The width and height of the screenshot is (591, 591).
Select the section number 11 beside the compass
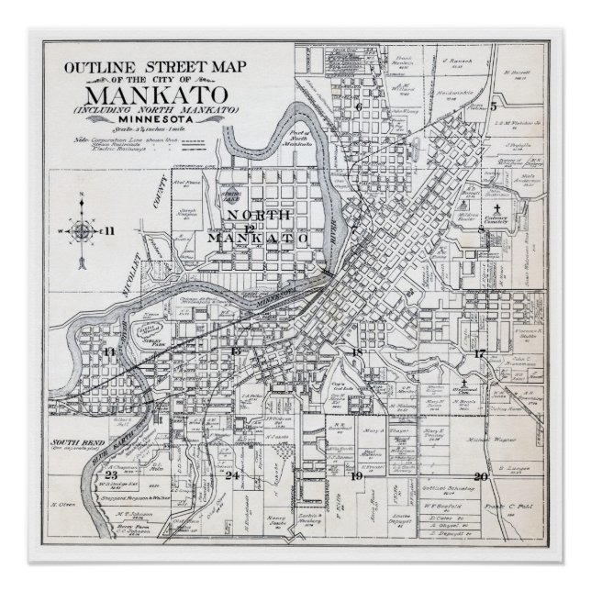pyautogui.click(x=108, y=229)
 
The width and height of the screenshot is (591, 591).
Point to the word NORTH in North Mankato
pyautogui.click(x=251, y=215)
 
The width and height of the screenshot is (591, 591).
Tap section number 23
pyautogui.click(x=111, y=474)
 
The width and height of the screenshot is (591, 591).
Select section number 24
pyautogui.click(x=233, y=474)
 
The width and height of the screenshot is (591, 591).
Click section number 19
pyautogui.click(x=357, y=475)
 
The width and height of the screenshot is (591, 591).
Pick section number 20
pyautogui.click(x=480, y=475)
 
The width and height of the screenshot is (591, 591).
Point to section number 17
pyautogui.click(x=479, y=353)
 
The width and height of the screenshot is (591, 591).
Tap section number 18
pyautogui.click(x=358, y=352)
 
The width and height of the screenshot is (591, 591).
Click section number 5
pyautogui.click(x=493, y=106)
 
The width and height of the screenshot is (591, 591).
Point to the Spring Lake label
pyautogui.click(x=229, y=196)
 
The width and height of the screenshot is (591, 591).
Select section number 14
pyautogui.click(x=110, y=351)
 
